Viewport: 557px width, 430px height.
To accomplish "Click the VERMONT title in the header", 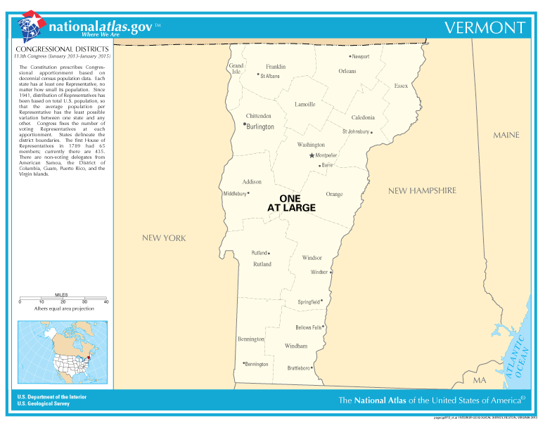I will coord(485,27).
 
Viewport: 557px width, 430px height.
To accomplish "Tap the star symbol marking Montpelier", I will coord(312,155).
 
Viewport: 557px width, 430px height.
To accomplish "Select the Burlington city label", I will coord(260,127).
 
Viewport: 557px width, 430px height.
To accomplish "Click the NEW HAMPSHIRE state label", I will coord(422,190).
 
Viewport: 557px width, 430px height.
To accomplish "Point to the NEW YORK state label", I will coord(164,238).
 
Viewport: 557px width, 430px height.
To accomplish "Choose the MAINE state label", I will coord(506,135).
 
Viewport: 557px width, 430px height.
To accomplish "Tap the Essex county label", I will coord(401,86).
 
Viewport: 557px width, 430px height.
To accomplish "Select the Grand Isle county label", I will coord(236,68).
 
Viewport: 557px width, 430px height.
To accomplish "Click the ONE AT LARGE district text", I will coord(290,203).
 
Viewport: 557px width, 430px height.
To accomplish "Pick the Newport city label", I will coord(360,56).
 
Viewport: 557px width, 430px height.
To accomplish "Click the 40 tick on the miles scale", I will coord(106,301).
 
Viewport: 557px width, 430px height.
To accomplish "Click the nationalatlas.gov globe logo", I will coord(30,26).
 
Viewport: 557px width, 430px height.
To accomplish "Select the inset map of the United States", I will coord(63,353).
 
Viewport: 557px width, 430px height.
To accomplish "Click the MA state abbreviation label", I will coord(479,380).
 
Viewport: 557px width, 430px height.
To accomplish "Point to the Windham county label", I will coord(296,346).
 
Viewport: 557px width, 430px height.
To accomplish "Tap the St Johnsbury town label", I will coord(355,131).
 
